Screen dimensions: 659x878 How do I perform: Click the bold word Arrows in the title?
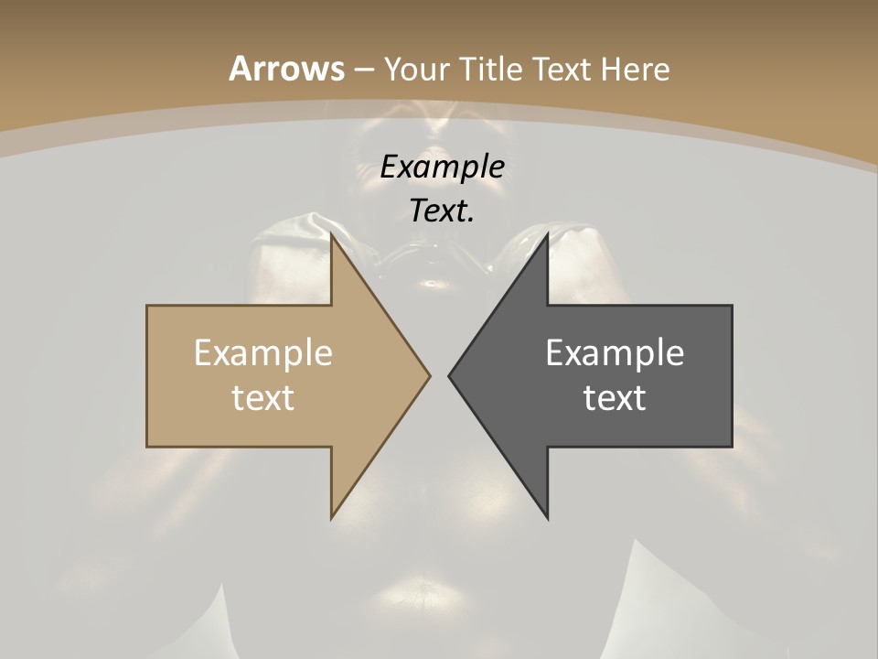click(x=286, y=69)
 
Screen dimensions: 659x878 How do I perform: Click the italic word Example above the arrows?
click(x=442, y=167)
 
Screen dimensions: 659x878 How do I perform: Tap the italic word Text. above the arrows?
click(x=442, y=211)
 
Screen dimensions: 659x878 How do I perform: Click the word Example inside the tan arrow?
click(x=263, y=352)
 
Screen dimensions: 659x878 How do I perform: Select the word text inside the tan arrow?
click(x=263, y=397)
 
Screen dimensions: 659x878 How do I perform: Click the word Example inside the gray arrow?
click(x=615, y=352)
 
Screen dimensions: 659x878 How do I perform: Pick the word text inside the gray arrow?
click(x=615, y=397)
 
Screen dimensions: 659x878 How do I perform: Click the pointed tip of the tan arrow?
click(x=430, y=375)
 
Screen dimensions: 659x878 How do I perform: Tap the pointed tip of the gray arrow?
click(x=449, y=375)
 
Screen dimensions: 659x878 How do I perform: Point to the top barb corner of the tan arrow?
click(x=331, y=234)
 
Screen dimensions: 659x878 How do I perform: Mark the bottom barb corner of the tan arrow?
click(x=331, y=518)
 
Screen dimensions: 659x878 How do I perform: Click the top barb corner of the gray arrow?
click(x=548, y=234)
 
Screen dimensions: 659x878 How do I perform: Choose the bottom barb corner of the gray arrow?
click(x=548, y=518)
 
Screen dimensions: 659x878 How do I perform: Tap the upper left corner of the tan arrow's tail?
click(x=147, y=306)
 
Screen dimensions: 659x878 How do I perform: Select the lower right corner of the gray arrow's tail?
click(x=732, y=447)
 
